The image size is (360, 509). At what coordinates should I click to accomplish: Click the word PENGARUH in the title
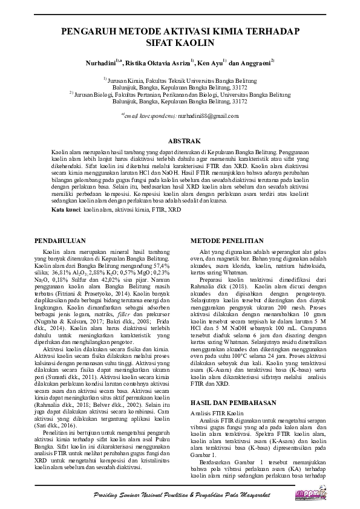tap(91, 31)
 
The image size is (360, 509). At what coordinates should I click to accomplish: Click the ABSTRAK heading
tap(180, 139)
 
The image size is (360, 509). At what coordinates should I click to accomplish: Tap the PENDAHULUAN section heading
tap(65, 241)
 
